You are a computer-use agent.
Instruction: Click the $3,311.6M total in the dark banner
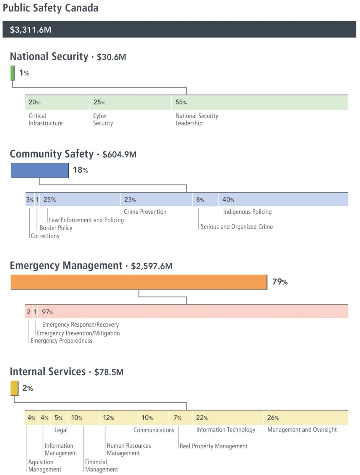[x=30, y=30]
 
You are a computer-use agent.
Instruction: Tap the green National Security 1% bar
[x=12, y=73]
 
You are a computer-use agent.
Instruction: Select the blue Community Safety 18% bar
[x=40, y=170]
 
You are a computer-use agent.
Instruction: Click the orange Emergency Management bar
[x=139, y=282]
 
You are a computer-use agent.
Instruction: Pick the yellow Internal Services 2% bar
[x=14, y=388]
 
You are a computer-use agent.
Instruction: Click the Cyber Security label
[x=103, y=119]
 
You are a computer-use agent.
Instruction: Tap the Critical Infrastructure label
[x=45, y=119]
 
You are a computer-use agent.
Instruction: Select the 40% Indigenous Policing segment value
[x=228, y=200]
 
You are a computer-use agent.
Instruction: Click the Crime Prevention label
[x=145, y=212]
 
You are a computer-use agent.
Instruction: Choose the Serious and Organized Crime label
[x=237, y=227]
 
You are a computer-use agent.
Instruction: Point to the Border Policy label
[x=56, y=228]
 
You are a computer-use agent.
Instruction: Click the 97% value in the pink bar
[x=47, y=312]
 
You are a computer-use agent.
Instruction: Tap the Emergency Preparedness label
[x=61, y=341]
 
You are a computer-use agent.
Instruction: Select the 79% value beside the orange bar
[x=280, y=282]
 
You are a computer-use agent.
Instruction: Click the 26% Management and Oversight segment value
[x=273, y=418]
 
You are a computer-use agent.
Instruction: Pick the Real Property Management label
[x=213, y=446]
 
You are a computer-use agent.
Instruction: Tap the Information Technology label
[x=226, y=430]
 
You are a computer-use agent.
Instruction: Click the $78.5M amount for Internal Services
[x=109, y=372]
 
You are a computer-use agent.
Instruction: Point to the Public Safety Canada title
[x=50, y=8]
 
